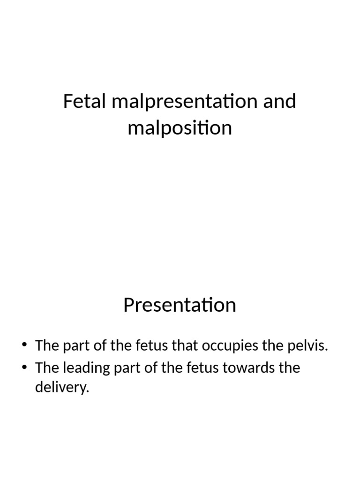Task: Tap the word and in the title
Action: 279,101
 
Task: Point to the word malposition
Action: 180,127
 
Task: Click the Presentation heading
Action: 180,305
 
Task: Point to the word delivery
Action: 62,389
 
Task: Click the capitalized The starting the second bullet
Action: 46,367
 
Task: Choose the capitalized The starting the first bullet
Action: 46,346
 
